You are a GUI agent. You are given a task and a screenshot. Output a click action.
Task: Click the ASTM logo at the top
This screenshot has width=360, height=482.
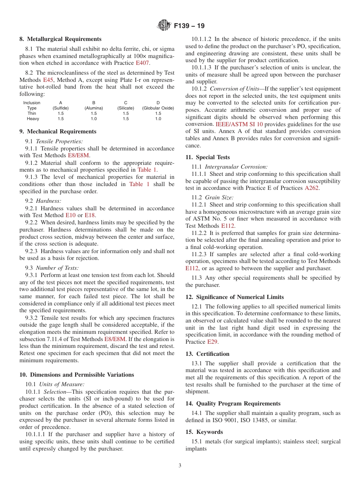[164, 26]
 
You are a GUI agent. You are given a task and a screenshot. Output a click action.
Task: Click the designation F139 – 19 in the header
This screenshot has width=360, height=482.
[189, 26]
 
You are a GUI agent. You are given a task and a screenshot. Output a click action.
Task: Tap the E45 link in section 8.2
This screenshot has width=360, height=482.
[48, 80]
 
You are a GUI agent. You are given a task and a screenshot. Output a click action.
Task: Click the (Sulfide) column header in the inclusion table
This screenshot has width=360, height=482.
[61, 108]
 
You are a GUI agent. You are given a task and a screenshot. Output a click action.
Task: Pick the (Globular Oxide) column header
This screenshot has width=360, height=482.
[158, 108]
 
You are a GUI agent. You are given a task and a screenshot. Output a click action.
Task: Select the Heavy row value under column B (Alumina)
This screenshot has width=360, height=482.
[94, 119]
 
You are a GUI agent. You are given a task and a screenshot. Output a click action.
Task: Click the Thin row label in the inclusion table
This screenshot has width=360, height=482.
[32, 113]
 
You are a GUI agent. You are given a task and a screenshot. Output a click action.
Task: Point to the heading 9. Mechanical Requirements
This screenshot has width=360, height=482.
[58, 131]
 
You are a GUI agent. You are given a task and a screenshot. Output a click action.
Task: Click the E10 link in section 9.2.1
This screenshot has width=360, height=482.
[70, 215]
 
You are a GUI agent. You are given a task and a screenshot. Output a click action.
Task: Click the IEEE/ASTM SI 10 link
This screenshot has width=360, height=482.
[239, 124]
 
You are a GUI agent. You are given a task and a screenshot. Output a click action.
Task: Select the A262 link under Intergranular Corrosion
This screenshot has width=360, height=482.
[312, 188]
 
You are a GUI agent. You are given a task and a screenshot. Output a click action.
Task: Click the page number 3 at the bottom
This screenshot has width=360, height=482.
[180, 466]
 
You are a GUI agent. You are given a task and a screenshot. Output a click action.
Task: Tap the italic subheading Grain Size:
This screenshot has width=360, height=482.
[219, 197]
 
